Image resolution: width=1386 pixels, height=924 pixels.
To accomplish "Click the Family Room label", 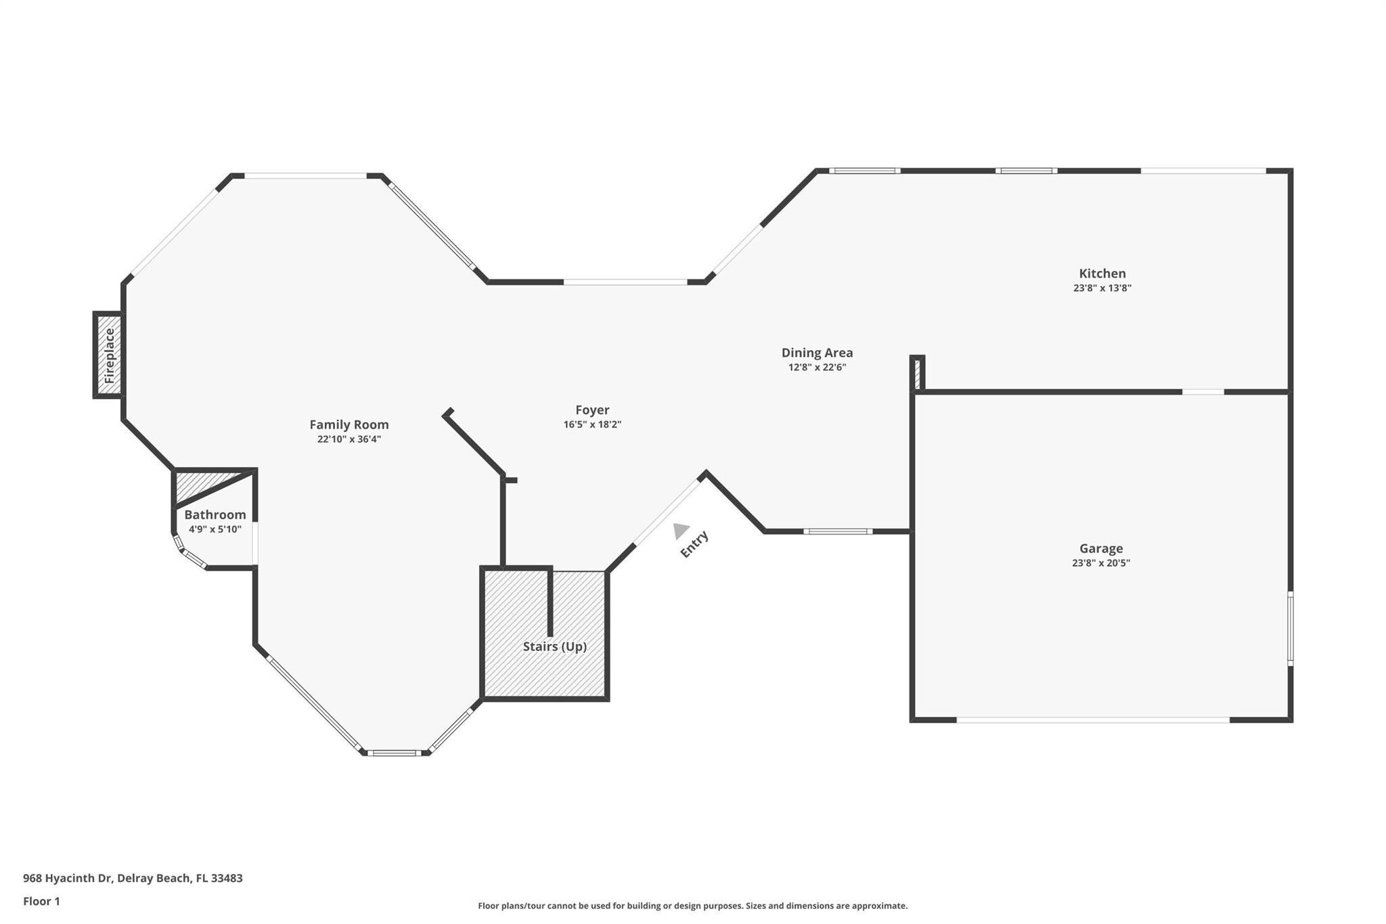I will (x=349, y=424).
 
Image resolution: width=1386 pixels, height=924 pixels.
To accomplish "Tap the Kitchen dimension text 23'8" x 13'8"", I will (x=1102, y=288).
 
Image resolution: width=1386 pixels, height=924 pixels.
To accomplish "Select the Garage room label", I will (x=1100, y=548).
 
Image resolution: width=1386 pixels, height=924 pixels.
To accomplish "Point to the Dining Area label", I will (x=817, y=353).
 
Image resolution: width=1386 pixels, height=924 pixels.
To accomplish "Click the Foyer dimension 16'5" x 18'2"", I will (x=592, y=424).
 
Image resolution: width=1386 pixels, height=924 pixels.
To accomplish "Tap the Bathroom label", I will (x=215, y=514).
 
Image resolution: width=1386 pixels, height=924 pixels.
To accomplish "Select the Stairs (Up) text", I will (x=554, y=646).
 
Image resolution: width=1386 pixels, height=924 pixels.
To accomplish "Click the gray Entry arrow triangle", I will (x=680, y=530).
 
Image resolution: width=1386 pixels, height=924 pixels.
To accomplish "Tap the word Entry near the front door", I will (x=694, y=544).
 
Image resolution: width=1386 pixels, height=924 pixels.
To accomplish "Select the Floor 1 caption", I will (x=41, y=901).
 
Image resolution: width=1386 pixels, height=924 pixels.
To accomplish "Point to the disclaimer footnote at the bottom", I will (x=692, y=906).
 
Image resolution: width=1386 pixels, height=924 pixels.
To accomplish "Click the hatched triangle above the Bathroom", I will (x=203, y=483).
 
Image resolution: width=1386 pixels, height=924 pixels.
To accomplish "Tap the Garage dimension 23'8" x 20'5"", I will (x=1100, y=563).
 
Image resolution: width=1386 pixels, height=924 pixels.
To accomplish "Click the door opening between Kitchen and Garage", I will (x=1203, y=392).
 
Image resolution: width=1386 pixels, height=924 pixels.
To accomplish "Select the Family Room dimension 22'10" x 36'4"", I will (x=349, y=439).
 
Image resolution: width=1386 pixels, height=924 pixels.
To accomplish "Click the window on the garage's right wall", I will (x=1290, y=628).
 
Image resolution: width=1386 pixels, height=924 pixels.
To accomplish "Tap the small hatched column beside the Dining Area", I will (x=917, y=374).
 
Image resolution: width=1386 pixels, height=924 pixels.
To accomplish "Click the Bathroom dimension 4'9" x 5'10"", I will (x=215, y=529).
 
